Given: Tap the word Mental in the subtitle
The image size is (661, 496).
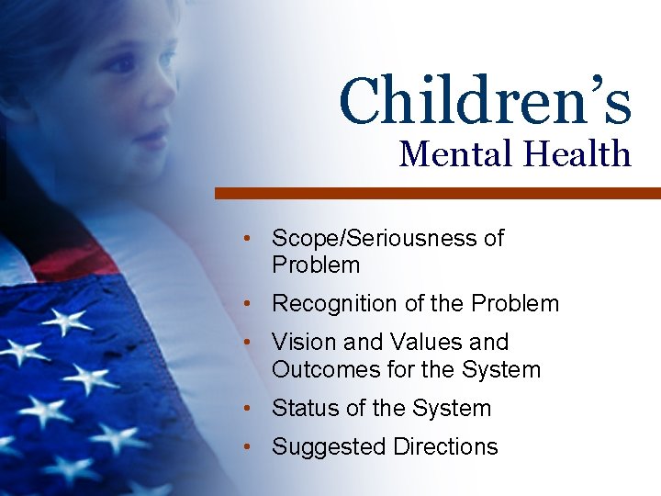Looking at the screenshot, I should (x=456, y=153).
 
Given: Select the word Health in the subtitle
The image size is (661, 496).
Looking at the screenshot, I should (x=578, y=153).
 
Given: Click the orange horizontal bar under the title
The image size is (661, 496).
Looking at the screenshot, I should (x=437, y=193).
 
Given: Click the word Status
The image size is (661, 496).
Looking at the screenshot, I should (x=303, y=408).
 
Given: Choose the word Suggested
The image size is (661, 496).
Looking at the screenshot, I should (x=329, y=447).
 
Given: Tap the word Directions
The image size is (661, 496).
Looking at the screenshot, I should (x=445, y=447).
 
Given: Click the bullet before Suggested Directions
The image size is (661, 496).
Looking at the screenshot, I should (x=248, y=447).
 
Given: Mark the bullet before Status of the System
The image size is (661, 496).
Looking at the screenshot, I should (x=248, y=408).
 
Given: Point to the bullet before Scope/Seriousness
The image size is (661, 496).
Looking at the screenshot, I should (x=248, y=239).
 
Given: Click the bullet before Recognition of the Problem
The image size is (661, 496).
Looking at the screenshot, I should (x=248, y=303).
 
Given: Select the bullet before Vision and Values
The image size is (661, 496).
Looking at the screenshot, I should (x=248, y=342).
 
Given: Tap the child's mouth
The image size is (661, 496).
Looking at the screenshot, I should (x=147, y=138).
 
